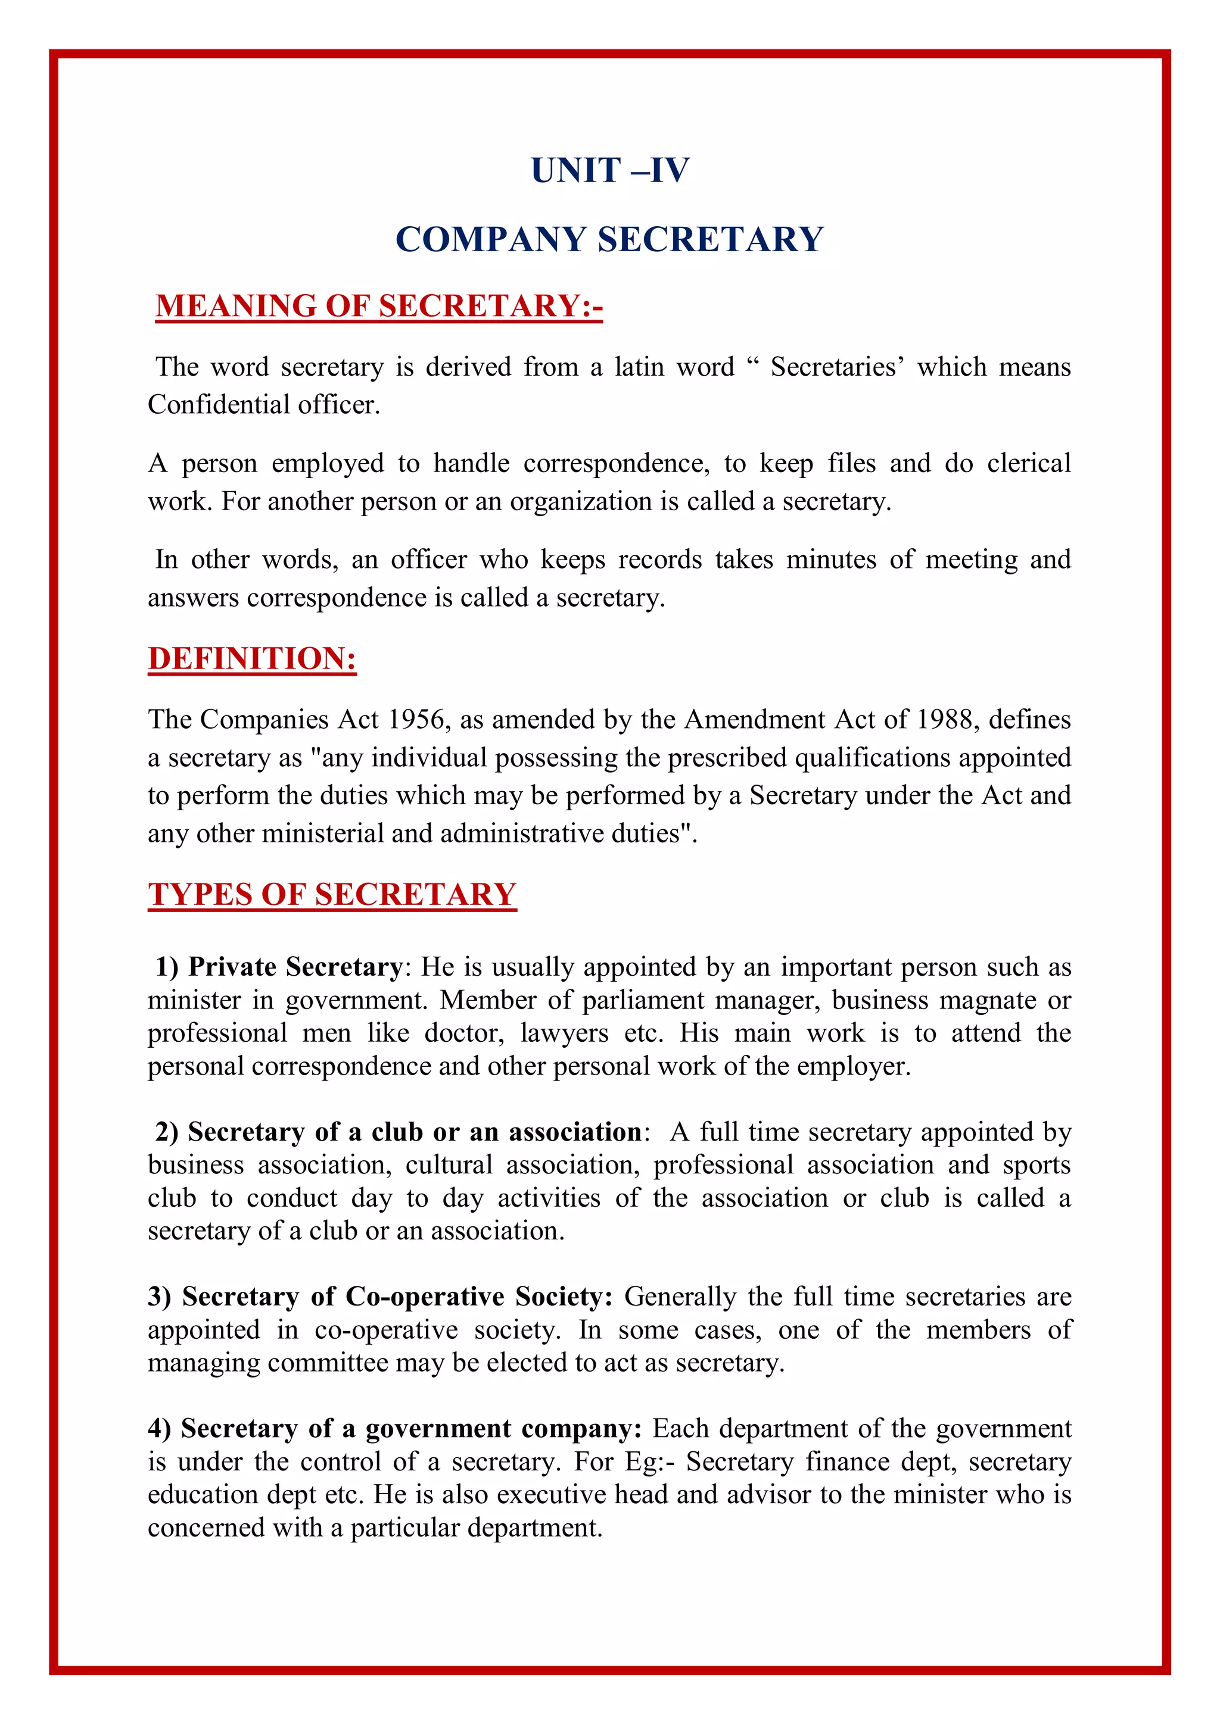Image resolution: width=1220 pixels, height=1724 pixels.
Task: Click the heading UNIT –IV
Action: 609,170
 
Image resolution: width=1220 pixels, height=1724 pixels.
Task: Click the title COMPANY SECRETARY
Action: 609,239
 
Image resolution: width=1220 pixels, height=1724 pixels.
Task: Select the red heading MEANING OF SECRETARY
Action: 379,307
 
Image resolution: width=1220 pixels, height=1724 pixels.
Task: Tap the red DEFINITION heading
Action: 251,658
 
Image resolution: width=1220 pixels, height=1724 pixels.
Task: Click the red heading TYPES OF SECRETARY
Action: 332,894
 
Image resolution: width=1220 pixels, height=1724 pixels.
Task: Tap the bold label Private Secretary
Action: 295,966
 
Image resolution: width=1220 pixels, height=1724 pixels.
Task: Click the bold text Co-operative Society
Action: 478,1297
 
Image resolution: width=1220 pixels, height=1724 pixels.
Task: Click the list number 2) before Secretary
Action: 167,1132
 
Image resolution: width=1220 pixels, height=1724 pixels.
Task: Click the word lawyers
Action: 564,1033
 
